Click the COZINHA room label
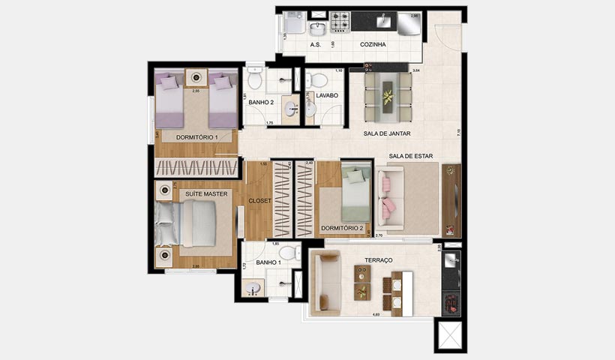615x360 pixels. (x=373, y=45)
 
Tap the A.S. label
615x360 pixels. (x=316, y=45)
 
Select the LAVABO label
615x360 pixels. (x=328, y=95)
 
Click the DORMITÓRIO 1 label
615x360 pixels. (x=196, y=137)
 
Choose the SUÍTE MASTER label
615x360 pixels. (x=206, y=194)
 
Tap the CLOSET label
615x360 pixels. (x=259, y=201)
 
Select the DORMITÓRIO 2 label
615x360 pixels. (x=341, y=228)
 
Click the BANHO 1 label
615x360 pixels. (x=267, y=262)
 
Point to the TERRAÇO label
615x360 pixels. (x=379, y=259)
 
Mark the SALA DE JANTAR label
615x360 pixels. (x=391, y=133)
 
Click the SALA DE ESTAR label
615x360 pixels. (x=411, y=157)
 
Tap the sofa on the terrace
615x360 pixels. (x=327, y=279)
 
